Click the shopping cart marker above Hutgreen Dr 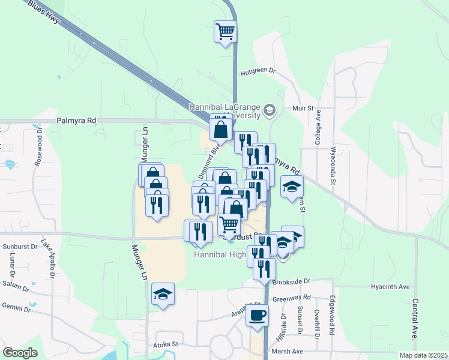(x=226, y=31)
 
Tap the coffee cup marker (x=257, y=314)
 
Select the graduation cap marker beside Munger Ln (x=163, y=295)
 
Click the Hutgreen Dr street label (x=258, y=71)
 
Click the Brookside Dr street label (x=291, y=281)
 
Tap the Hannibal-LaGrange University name (x=225, y=111)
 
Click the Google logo (x=20, y=353)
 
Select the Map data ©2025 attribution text (x=423, y=355)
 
